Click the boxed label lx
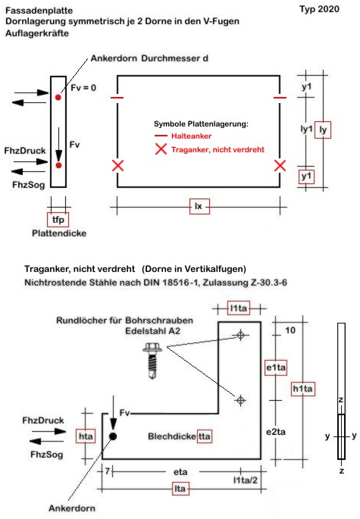pyautogui.click(x=199, y=206)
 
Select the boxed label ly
pyautogui.click(x=323, y=130)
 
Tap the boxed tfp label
pyautogui.click(x=58, y=220)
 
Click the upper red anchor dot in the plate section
pyautogui.click(x=58, y=97)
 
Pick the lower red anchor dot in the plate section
pyautogui.click(x=58, y=165)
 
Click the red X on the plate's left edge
pyautogui.click(x=118, y=165)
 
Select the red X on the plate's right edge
pyautogui.click(x=280, y=165)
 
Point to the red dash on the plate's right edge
pyautogui.click(x=280, y=98)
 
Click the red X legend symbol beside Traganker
pyautogui.click(x=161, y=149)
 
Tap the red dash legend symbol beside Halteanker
pyautogui.click(x=161, y=136)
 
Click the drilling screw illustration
pyautogui.click(x=152, y=360)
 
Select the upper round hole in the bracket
pyautogui.click(x=241, y=335)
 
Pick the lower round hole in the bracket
pyautogui.click(x=241, y=400)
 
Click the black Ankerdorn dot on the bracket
pyautogui.click(x=113, y=436)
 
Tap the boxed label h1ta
pyautogui.click(x=302, y=389)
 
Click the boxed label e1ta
pyautogui.click(x=276, y=367)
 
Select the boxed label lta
pyautogui.click(x=180, y=489)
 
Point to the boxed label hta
pyautogui.click(x=86, y=436)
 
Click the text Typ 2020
pyautogui.click(x=319, y=9)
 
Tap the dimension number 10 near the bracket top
pyautogui.click(x=290, y=330)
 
